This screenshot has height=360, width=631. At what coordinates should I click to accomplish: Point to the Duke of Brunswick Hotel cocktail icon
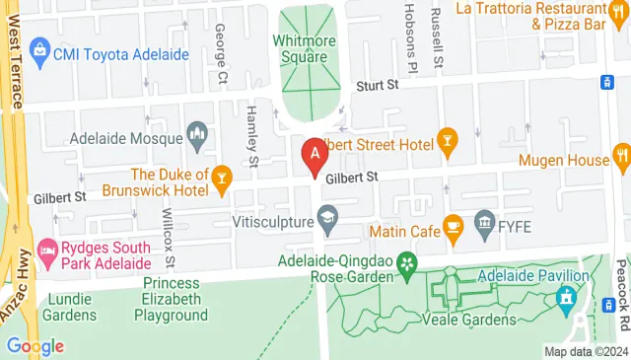click(223, 177)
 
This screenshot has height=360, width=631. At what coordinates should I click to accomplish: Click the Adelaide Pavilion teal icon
click(567, 295)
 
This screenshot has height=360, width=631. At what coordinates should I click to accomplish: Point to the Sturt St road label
click(377, 87)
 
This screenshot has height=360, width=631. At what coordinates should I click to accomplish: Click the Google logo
click(35, 346)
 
